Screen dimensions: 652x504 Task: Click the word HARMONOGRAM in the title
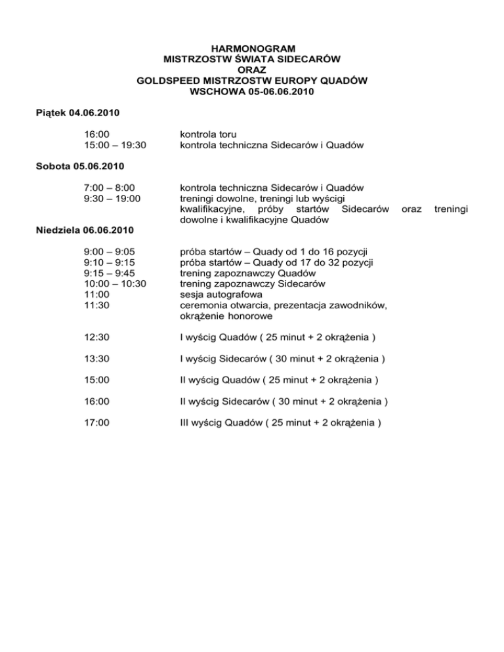[251, 49]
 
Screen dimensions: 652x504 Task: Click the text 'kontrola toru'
[208, 134]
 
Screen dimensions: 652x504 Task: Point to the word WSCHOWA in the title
[217, 92]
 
